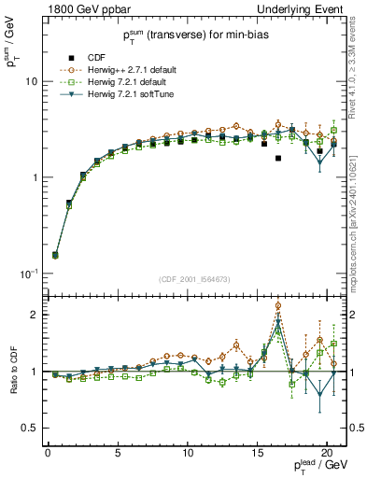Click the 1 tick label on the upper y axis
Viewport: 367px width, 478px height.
35,177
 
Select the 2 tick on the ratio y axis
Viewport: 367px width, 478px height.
35,315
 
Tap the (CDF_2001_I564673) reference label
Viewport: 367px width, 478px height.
195,279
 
